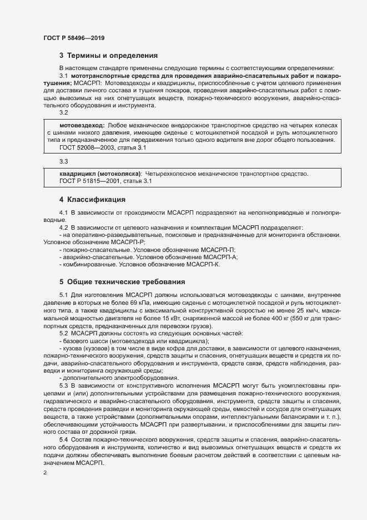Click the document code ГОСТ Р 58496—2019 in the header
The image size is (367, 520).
pyautogui.click(x=74, y=38)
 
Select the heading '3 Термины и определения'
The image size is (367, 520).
pyautogui.click(x=109, y=56)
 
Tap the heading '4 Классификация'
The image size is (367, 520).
pyautogui.click(x=92, y=199)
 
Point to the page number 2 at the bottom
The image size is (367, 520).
pyautogui.click(x=45, y=473)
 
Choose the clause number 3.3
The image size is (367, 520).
pyautogui.click(x=63, y=161)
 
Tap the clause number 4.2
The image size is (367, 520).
pyautogui.click(x=63, y=227)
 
